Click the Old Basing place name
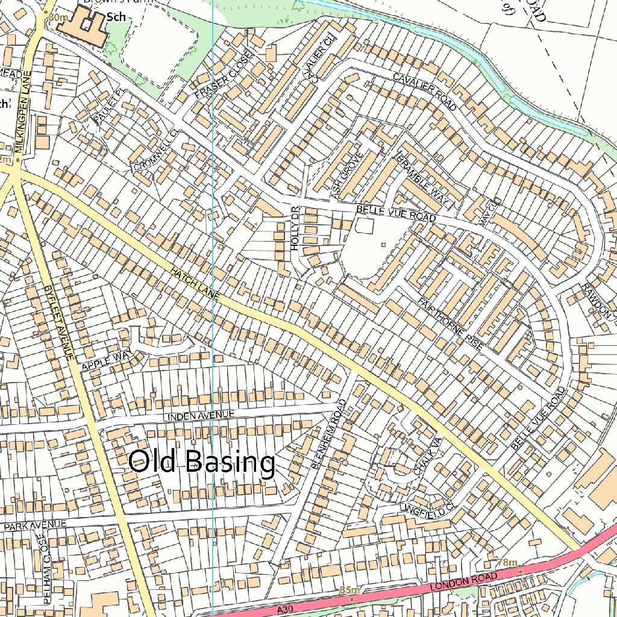click(x=202, y=463)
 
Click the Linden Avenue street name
click(x=198, y=415)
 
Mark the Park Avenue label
click(x=35, y=525)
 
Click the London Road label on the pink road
click(x=464, y=582)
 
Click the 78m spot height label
click(x=507, y=563)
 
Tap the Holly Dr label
click(x=295, y=228)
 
